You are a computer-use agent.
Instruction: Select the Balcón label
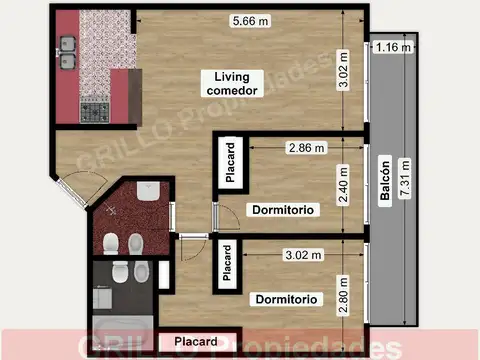385,182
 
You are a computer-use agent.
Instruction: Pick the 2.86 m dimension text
306,147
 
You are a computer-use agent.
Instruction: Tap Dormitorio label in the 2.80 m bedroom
287,299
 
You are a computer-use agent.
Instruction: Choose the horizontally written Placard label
196,342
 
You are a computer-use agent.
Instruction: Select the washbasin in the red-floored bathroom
146,192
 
